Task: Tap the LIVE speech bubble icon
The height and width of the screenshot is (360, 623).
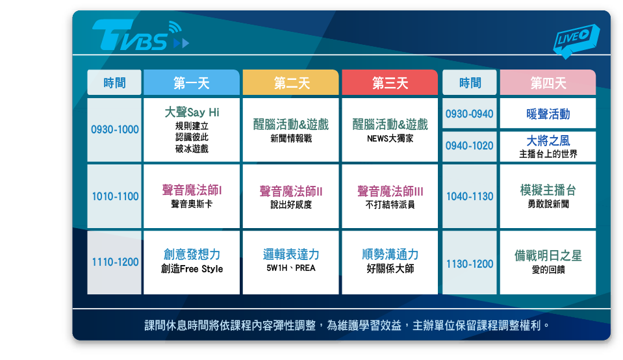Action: pyautogui.click(x=576, y=40)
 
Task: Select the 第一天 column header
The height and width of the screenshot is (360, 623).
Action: pyautogui.click(x=192, y=83)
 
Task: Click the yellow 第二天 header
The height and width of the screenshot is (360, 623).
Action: pyautogui.click(x=291, y=83)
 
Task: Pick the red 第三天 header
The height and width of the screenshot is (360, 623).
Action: pyautogui.click(x=390, y=83)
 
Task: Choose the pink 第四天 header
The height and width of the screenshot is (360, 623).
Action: pyautogui.click(x=548, y=83)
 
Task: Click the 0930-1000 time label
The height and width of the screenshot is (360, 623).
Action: pyautogui.click(x=114, y=129)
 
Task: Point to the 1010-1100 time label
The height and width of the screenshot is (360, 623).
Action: pyautogui.click(x=115, y=196)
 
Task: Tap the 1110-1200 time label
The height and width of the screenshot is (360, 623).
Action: pyautogui.click(x=115, y=263)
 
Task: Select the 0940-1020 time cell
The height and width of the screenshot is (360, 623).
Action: pyautogui.click(x=469, y=146)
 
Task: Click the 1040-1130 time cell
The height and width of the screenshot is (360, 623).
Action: pyautogui.click(x=469, y=196)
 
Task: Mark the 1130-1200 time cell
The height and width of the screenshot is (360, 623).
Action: pyautogui.click(x=469, y=263)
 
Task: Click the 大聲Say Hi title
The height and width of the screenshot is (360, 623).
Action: pyautogui.click(x=192, y=112)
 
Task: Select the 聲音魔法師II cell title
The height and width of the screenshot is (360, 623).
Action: pyautogui.click(x=291, y=191)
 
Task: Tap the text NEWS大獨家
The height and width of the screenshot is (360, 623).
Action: pyautogui.click(x=390, y=138)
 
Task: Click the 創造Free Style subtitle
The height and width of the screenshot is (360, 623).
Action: pyautogui.click(x=192, y=269)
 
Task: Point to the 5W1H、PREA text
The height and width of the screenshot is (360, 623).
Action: pyautogui.click(x=291, y=268)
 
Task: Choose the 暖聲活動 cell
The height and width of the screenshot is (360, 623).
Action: pyautogui.click(x=548, y=114)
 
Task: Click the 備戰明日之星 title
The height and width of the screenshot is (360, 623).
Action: pyautogui.click(x=548, y=255)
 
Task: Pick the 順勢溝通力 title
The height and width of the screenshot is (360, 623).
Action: pyautogui.click(x=390, y=254)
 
